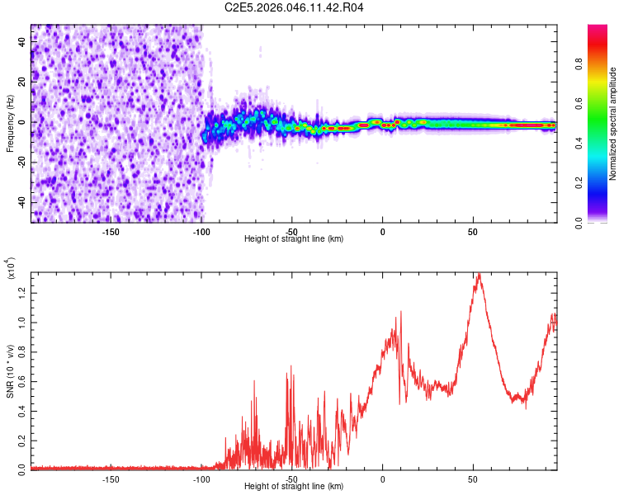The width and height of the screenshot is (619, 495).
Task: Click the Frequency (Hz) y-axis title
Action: tap(10, 124)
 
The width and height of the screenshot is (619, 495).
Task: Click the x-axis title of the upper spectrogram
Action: tap(294, 239)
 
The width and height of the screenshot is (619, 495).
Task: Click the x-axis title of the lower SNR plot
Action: tap(294, 487)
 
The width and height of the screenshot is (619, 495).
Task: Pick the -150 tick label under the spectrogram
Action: tap(111, 231)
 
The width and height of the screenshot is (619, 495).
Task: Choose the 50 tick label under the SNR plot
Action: tap(472, 478)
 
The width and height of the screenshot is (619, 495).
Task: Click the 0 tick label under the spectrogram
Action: tap(382, 231)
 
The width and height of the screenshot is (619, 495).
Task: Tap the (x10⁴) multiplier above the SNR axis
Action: tap(11, 269)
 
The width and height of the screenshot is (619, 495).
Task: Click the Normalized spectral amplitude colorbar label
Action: tap(613, 124)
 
